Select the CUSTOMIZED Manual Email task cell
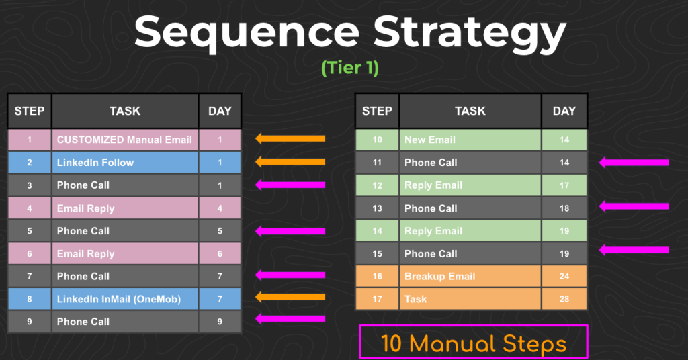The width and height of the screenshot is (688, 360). pyautogui.click(x=125, y=140)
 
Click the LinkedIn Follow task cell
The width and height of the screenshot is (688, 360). pyautogui.click(x=125, y=163)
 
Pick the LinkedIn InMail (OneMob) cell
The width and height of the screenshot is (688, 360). pyautogui.click(x=125, y=299)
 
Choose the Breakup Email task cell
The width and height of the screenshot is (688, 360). pyautogui.click(x=470, y=276)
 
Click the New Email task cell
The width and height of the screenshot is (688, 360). pyautogui.click(x=470, y=140)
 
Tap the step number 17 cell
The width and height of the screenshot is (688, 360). pyautogui.click(x=377, y=299)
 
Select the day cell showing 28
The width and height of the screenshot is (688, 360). pyautogui.click(x=564, y=299)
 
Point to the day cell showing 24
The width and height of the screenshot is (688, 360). pyautogui.click(x=564, y=276)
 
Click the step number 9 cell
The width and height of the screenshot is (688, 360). pyautogui.click(x=29, y=322)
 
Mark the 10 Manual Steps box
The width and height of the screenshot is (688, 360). pyautogui.click(x=474, y=343)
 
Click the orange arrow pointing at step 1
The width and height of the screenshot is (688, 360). pyautogui.click(x=290, y=139)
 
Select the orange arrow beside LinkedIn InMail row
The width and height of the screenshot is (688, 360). pyautogui.click(x=290, y=297)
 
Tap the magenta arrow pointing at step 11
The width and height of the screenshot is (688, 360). pyautogui.click(x=634, y=162)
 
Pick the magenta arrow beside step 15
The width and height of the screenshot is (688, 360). pyautogui.click(x=634, y=250)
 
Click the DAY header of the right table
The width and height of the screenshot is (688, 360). pyautogui.click(x=564, y=111)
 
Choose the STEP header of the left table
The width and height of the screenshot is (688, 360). pyautogui.click(x=29, y=111)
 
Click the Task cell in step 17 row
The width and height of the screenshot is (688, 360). pyautogui.click(x=470, y=299)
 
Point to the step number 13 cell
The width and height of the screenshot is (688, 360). pyautogui.click(x=377, y=208)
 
